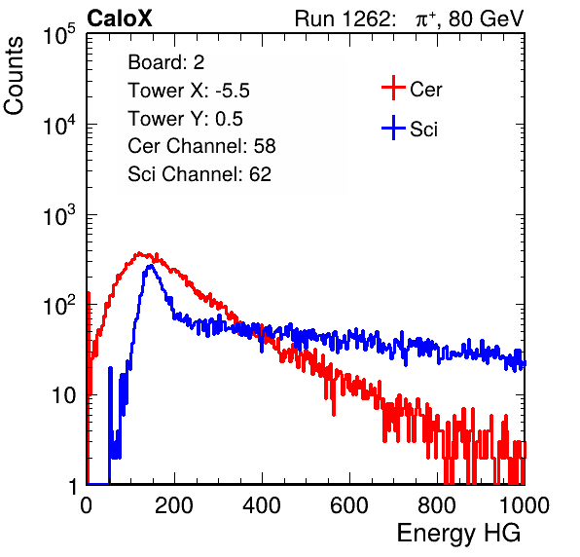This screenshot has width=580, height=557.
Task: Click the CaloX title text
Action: pos(119,19)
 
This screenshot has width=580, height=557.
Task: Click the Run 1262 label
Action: pos(343,19)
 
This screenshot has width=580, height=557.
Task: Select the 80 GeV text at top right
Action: pos(486,19)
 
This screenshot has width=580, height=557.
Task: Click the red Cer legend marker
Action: pos(393,88)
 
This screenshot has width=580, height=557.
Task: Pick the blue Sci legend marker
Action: pos(393,129)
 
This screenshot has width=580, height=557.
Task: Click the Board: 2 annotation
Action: pos(166,62)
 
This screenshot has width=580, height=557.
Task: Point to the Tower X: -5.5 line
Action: pos(189,91)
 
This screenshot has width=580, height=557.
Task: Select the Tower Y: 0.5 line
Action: pos(185,119)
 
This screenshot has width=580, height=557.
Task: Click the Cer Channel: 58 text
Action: pos(201,146)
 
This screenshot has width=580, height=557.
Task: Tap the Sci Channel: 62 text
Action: pos(199,174)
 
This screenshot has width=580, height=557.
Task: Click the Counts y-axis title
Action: pos(14,76)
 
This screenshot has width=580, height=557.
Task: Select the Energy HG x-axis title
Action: pos(458,534)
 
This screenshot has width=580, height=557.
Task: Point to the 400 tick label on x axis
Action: pos(262,505)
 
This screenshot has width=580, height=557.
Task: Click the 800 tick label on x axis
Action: pos(437,505)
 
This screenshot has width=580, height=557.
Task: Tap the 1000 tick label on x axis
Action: pos(525,505)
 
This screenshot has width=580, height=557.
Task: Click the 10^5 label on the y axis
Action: pos(59,34)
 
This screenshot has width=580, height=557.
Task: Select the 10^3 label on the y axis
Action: pos(59,215)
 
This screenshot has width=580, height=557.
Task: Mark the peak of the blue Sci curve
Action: pos(150,266)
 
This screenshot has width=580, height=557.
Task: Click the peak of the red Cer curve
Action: pos(139,253)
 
